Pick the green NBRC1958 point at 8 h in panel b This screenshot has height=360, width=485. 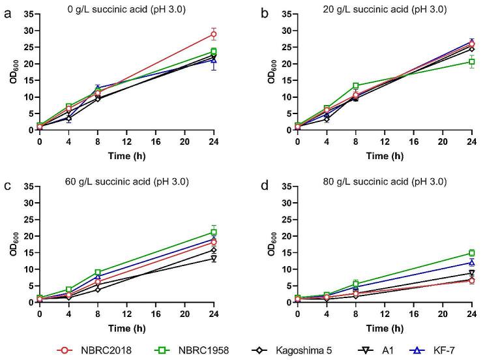pyautogui.click(x=356, y=85)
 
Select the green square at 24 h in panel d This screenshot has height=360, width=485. pyautogui.click(x=471, y=253)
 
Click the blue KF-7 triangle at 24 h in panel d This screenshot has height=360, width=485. pyautogui.click(x=471, y=262)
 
